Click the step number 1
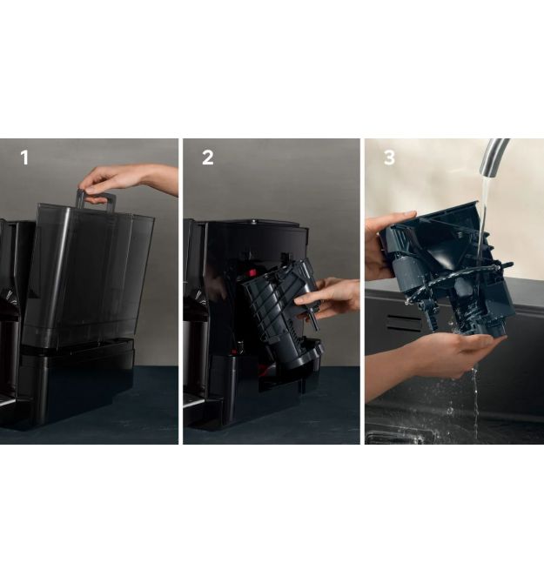coord(24,157)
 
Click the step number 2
coord(207,157)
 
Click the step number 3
coord(389,157)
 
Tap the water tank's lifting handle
coord(95,199)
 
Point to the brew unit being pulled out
coord(283,309)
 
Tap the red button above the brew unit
coord(252,272)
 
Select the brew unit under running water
coord(447,268)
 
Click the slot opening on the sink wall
coord(404,322)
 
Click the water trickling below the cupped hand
coord(475,401)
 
